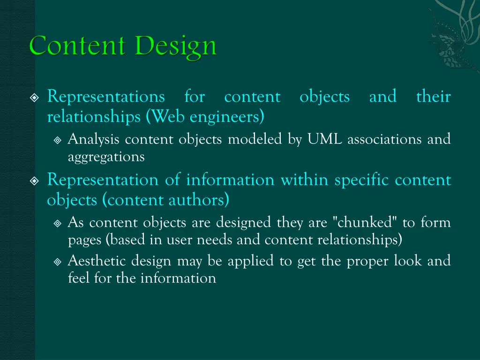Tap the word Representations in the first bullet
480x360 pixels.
click(x=106, y=97)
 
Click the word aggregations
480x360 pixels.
click(x=106, y=157)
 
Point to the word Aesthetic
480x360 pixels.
click(x=97, y=260)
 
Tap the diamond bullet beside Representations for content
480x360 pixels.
click(x=34, y=98)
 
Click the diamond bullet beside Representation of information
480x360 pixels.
click(x=34, y=181)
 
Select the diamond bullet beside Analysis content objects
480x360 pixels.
click(x=57, y=140)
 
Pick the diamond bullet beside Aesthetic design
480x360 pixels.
click(x=57, y=261)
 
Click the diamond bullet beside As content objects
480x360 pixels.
click(x=57, y=223)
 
